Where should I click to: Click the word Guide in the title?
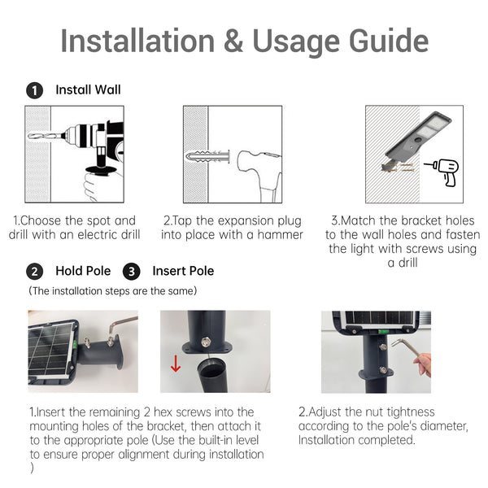389,41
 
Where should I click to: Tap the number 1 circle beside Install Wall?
34,90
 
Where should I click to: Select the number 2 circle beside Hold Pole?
34,271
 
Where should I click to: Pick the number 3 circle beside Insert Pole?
131,271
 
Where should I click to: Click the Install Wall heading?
88,89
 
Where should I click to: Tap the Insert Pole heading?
183,271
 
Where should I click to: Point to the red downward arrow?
176,363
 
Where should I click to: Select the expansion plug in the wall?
207,156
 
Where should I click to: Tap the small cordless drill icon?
442,172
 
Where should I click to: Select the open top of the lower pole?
210,366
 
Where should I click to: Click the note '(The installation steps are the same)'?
113,291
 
